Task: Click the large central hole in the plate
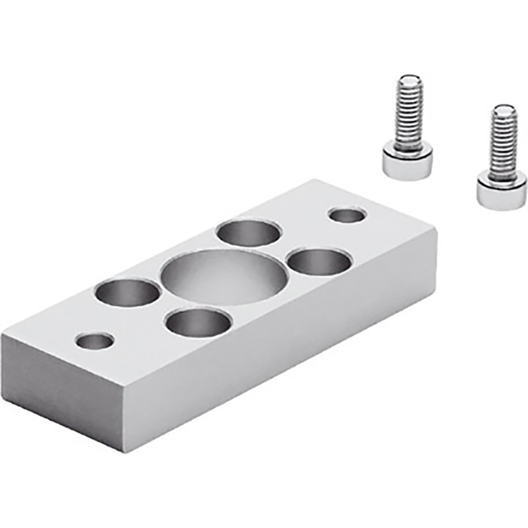tap(224, 276)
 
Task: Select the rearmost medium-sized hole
tap(247, 232)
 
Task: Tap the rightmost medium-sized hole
tap(320, 262)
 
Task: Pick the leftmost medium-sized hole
tap(127, 292)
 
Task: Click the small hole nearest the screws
tap(348, 216)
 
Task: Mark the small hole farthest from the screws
tap(96, 341)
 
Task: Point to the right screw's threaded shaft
tap(502, 143)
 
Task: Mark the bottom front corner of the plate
tap(123, 451)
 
